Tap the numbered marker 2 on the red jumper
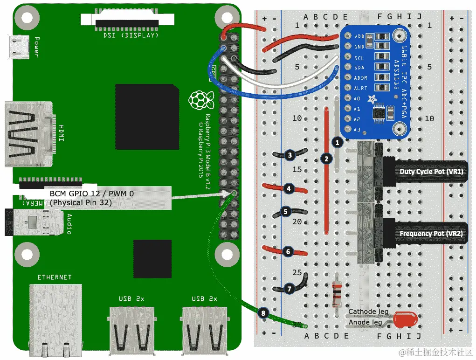327,159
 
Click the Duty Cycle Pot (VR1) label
430,171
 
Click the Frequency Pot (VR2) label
430,233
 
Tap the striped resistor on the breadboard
337,294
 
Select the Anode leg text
366,322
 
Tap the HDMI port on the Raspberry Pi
28,134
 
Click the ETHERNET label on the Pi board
55,277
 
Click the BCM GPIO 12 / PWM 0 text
92,193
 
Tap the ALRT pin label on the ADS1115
360,88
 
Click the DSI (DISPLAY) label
131,35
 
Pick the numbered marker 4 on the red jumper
289,189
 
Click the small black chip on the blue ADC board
379,113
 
